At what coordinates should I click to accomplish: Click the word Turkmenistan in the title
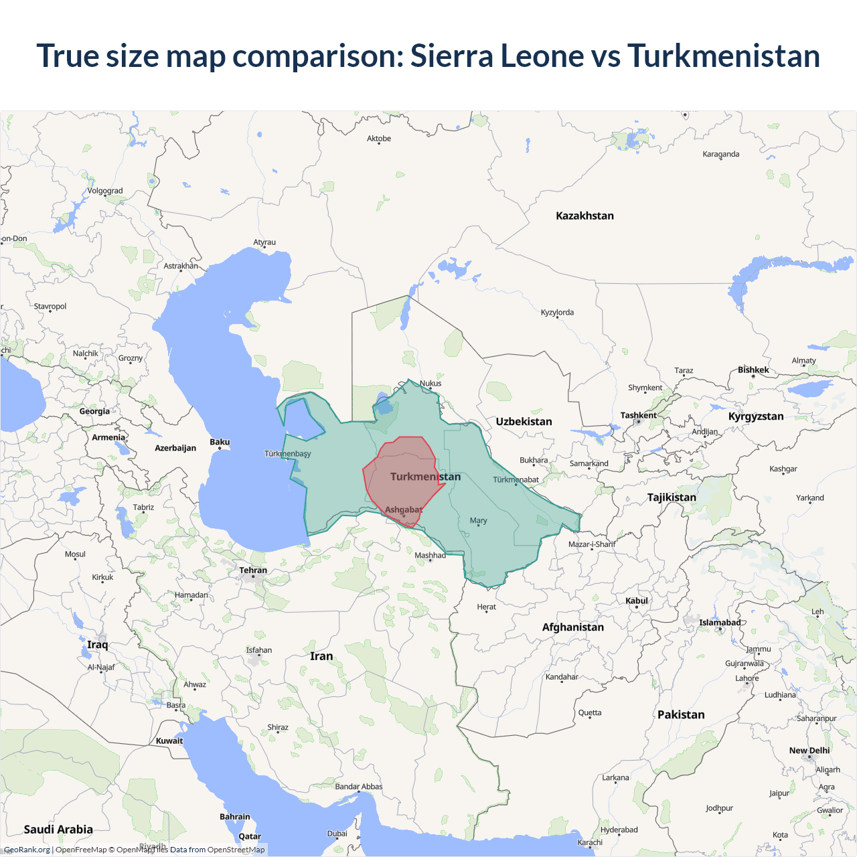[723, 56]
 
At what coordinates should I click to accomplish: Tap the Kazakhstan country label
[585, 216]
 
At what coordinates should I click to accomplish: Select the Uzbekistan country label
[524, 421]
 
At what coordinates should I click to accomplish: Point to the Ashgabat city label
[403, 510]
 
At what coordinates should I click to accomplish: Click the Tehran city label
[253, 570]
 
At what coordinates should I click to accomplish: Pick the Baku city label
[220, 442]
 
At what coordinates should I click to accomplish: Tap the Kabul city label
[636, 601]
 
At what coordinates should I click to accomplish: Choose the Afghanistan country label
[572, 627]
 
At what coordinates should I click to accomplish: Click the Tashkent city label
[638, 415]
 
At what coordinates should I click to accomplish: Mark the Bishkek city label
[753, 370]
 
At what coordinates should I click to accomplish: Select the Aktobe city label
[379, 139]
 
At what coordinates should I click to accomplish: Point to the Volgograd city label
[105, 191]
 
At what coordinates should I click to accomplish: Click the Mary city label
[478, 520]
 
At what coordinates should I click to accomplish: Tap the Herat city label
[486, 607]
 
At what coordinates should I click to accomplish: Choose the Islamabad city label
[720, 623]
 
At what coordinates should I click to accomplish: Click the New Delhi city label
[809, 751]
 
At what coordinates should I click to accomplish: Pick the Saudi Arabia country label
[58, 829]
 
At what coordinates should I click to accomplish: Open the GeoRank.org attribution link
[27, 850]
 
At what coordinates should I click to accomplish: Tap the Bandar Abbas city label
[358, 787]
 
